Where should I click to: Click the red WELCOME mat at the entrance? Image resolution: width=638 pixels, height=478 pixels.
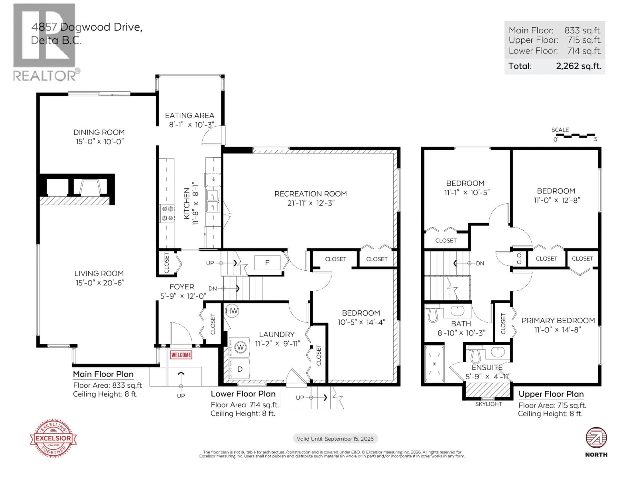click(x=181, y=355)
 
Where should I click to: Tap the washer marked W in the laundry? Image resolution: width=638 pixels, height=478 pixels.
click(x=240, y=347)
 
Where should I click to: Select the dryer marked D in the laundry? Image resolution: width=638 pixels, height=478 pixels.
click(x=240, y=369)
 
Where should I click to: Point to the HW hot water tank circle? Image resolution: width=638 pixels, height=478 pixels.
click(x=232, y=311)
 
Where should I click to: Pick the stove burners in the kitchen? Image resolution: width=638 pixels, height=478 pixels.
click(x=167, y=213)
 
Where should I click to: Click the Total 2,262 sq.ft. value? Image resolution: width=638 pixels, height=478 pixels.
click(x=579, y=66)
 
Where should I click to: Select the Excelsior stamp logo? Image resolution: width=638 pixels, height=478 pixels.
click(x=53, y=438)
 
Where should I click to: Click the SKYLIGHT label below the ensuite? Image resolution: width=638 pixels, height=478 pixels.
click(x=488, y=404)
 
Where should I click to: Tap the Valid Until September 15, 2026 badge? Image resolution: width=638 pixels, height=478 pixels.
click(x=335, y=438)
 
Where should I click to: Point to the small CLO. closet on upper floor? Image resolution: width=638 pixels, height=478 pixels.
click(x=519, y=258)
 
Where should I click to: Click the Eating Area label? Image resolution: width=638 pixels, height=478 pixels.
click(x=190, y=116)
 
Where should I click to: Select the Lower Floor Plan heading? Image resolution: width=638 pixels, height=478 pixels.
click(x=243, y=394)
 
